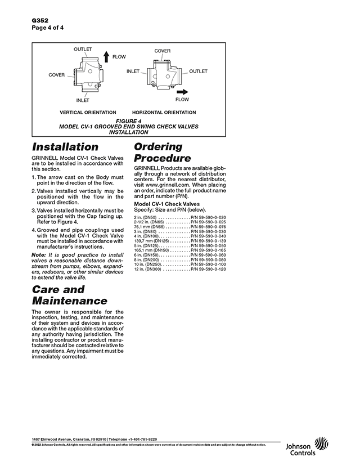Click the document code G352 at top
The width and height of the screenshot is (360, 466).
[40, 19]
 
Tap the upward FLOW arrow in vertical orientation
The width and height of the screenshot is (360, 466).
[106, 57]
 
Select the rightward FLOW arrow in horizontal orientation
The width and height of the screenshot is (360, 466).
[182, 91]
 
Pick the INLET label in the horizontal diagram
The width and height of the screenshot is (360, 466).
[133, 71]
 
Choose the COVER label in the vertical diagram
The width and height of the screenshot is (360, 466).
[56, 75]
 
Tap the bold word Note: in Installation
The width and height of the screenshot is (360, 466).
[39, 256]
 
